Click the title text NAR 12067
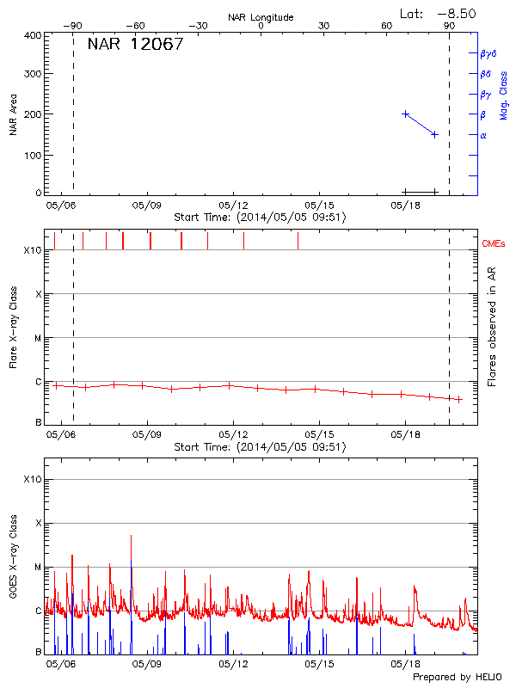click(135, 45)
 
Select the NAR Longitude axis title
click(261, 17)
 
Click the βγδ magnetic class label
click(488, 53)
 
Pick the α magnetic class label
click(483, 135)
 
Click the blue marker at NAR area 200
click(406, 114)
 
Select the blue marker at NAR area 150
click(434, 134)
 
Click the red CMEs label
click(494, 245)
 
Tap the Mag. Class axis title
click(504, 95)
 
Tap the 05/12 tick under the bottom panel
click(234, 665)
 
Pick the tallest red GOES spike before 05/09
click(131, 536)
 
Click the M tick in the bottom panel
click(38, 568)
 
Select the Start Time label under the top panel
click(260, 218)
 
